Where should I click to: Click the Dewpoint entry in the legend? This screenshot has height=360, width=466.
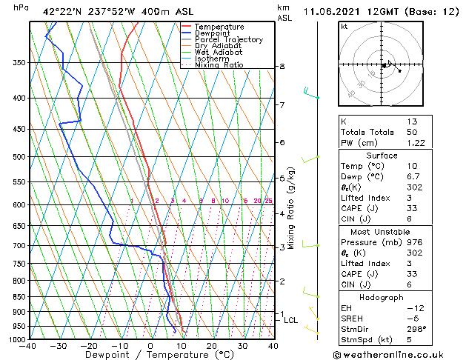(x=213, y=33)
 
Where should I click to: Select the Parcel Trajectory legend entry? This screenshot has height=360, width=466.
(x=228, y=40)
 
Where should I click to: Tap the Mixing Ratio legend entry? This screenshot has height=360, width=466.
(x=219, y=65)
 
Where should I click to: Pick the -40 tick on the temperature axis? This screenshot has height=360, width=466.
(x=29, y=346)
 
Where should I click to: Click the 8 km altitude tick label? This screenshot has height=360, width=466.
(x=282, y=67)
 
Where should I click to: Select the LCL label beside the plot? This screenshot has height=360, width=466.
(x=290, y=321)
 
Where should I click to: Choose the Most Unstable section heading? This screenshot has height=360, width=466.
(x=382, y=232)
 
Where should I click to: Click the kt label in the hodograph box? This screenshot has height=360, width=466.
(x=344, y=26)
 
